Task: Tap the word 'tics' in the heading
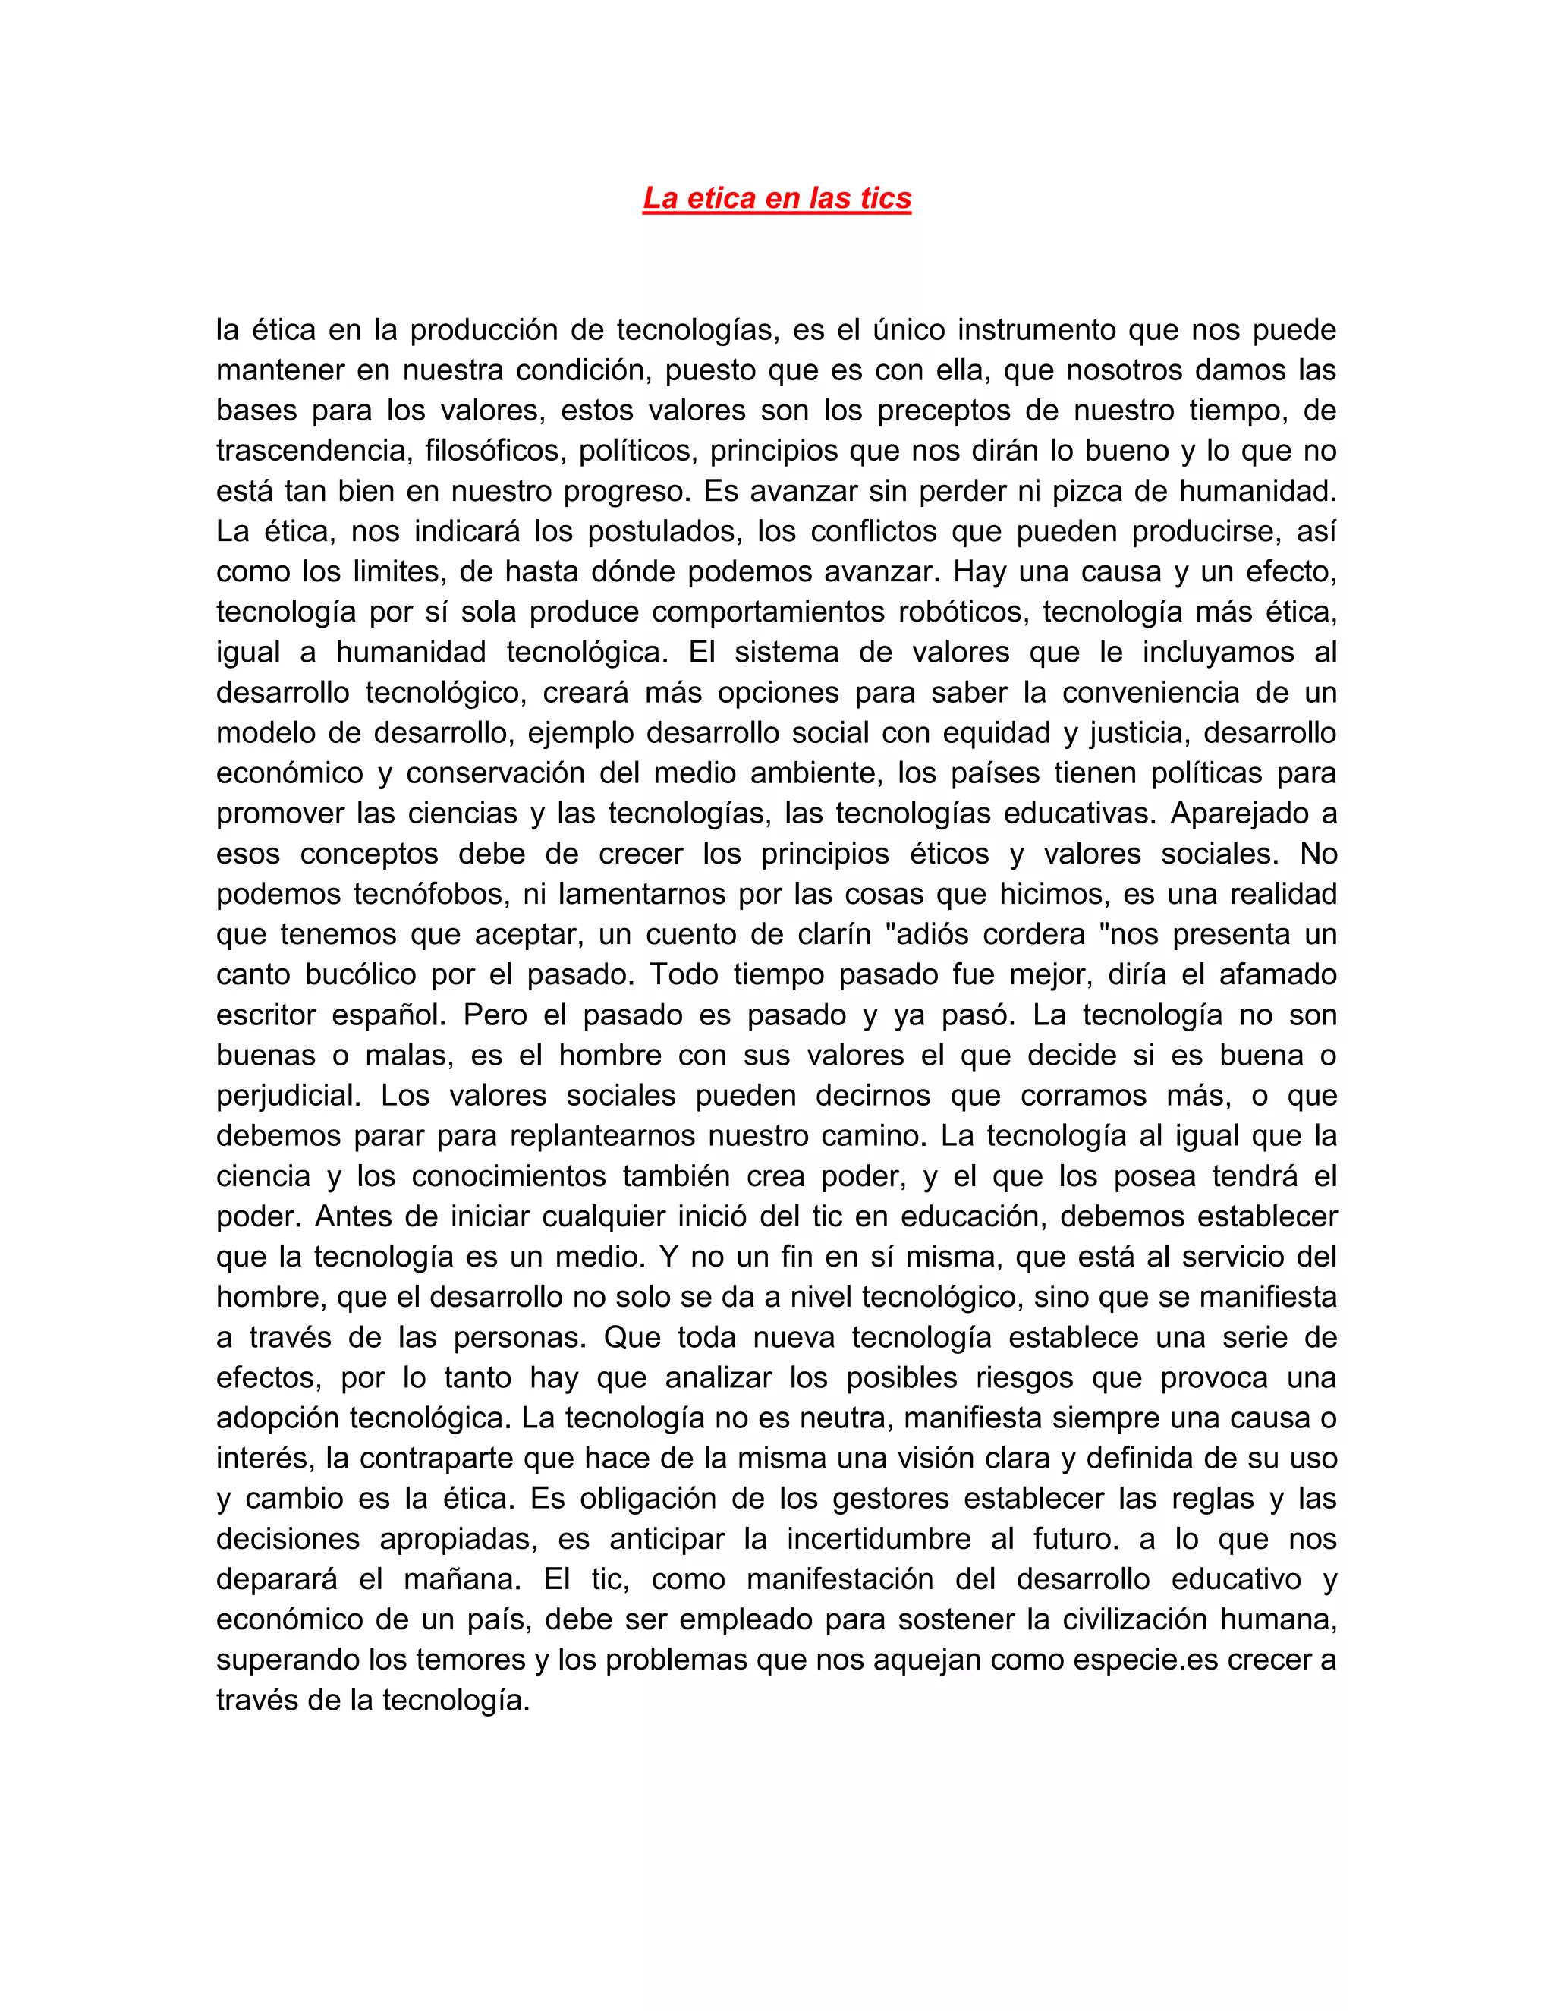(886, 198)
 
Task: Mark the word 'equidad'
(993, 733)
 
